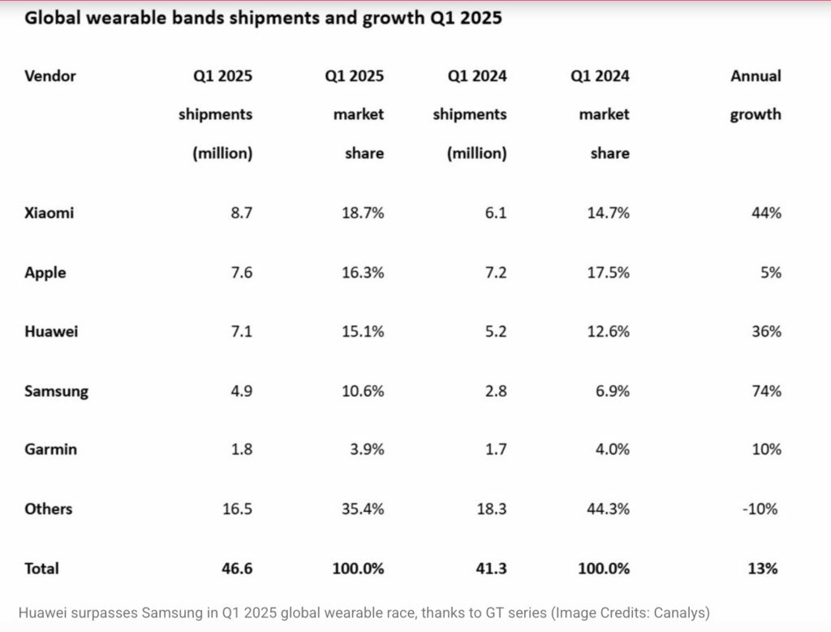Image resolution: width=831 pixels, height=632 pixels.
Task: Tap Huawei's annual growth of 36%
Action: pyautogui.click(x=766, y=332)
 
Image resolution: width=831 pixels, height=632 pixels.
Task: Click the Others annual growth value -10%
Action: pyautogui.click(x=762, y=509)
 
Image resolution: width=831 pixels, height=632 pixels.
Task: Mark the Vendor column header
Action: pyautogui.click(x=50, y=76)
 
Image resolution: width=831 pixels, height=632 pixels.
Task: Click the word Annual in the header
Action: pyautogui.click(x=756, y=76)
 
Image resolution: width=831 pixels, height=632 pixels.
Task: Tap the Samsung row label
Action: pyautogui.click(x=57, y=391)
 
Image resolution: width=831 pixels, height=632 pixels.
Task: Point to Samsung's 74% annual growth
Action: pyautogui.click(x=766, y=391)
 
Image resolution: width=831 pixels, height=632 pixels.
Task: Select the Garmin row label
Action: pyautogui.click(x=50, y=449)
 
